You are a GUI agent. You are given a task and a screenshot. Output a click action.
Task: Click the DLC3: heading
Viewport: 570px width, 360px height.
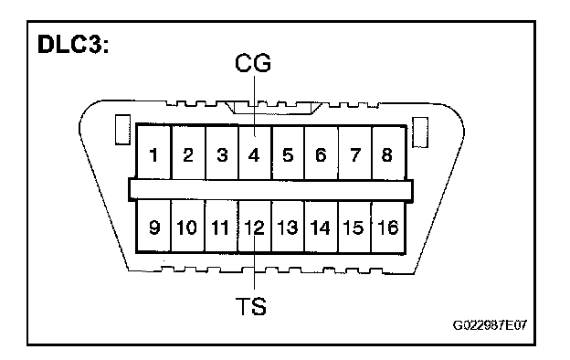(73, 45)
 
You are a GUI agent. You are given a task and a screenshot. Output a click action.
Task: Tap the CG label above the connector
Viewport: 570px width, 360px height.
(253, 62)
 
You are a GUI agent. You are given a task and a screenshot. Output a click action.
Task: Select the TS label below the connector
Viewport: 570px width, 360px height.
(251, 306)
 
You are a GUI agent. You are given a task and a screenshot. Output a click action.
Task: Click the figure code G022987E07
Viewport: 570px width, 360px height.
(490, 324)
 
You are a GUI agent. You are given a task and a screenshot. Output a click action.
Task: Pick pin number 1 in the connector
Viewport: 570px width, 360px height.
(153, 155)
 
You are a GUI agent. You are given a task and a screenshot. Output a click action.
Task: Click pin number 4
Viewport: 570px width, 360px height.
(254, 155)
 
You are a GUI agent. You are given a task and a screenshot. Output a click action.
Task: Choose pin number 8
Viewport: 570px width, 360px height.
(386, 155)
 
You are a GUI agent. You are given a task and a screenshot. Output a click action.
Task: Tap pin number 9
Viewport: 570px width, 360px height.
(154, 228)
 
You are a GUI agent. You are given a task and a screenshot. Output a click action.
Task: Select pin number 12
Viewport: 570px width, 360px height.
(254, 228)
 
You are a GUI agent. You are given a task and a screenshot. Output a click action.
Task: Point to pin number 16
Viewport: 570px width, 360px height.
(388, 228)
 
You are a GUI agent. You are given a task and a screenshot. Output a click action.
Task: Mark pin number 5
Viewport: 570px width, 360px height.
(288, 155)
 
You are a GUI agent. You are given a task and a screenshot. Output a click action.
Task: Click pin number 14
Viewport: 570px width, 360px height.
(321, 228)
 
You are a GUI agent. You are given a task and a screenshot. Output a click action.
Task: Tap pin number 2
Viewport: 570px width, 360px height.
(188, 155)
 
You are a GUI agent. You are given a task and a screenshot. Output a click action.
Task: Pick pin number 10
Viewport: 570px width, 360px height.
(186, 228)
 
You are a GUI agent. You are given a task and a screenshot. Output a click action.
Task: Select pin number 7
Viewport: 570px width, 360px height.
(354, 155)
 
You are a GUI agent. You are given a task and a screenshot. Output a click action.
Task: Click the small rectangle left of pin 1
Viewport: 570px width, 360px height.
(122, 130)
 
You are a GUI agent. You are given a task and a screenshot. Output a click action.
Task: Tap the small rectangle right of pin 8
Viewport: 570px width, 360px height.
(420, 132)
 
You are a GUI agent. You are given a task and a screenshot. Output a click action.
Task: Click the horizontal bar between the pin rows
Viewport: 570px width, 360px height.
(270, 189)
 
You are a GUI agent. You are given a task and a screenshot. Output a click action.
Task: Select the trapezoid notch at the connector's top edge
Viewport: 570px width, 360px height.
(274, 109)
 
